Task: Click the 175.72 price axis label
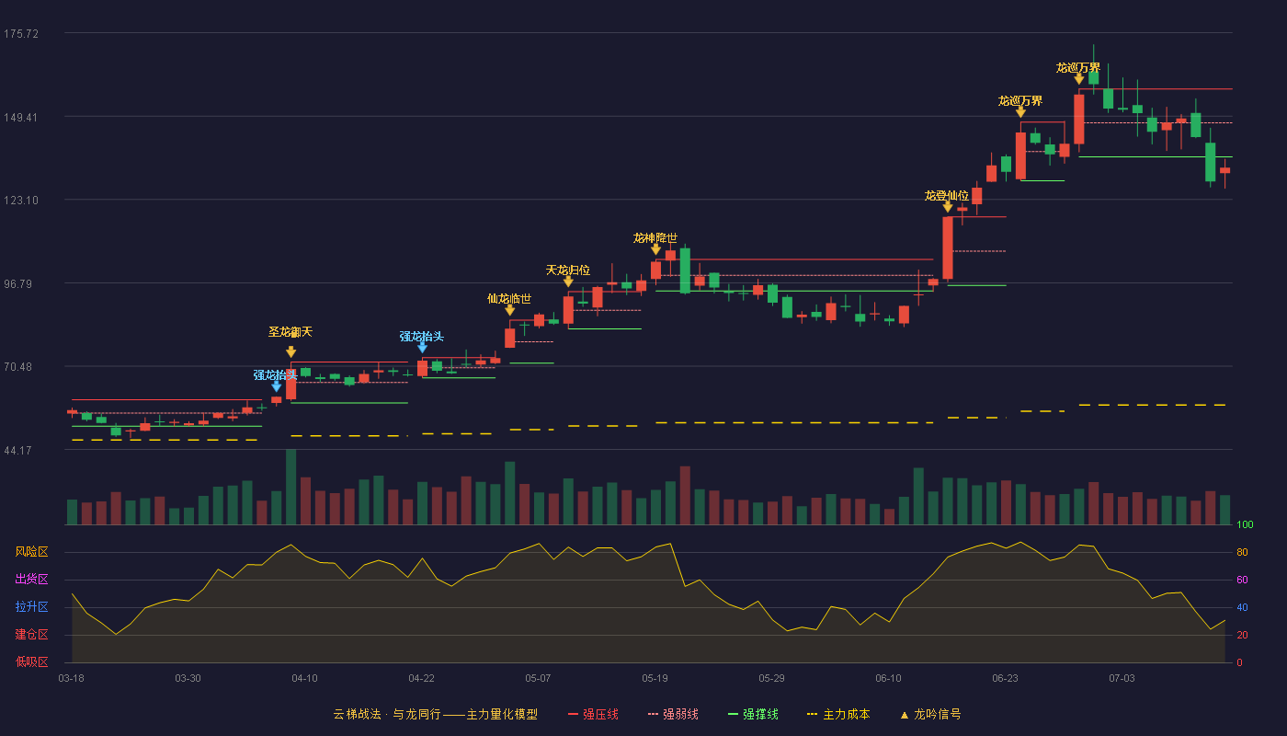click(x=21, y=34)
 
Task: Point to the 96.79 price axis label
click(x=17, y=284)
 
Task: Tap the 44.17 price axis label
click(x=17, y=451)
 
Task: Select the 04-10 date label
click(x=304, y=679)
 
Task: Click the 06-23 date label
click(x=1005, y=679)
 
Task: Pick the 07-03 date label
click(x=1122, y=679)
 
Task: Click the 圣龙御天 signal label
click(x=290, y=332)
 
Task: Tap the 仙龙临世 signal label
click(x=509, y=298)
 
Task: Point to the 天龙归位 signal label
click(x=568, y=270)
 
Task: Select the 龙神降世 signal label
click(x=655, y=237)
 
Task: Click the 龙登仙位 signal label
click(x=947, y=195)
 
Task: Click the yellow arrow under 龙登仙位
click(x=948, y=207)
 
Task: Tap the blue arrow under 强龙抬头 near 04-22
click(x=422, y=348)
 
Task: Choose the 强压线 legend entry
click(x=593, y=714)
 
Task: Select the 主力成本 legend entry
click(x=838, y=714)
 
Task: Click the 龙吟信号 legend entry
click(x=930, y=714)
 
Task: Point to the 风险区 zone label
click(x=31, y=552)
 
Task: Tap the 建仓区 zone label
click(x=31, y=635)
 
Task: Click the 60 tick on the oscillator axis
click(x=1242, y=580)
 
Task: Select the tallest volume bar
click(x=291, y=487)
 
